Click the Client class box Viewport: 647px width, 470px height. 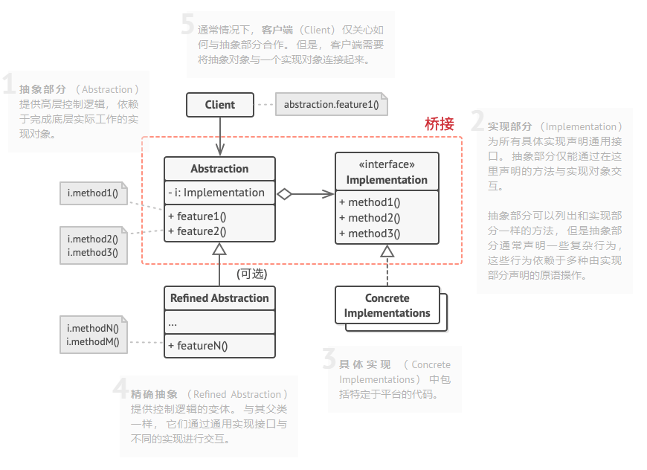coord(219,105)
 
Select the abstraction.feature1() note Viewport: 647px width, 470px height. coord(331,105)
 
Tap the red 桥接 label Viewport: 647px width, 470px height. coord(439,124)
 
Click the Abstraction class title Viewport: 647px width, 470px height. coord(219,169)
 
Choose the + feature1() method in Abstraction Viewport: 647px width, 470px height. coord(197,216)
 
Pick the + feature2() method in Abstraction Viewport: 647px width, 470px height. coord(197,231)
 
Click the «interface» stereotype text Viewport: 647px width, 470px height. coord(387,165)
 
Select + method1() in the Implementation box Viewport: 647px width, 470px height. coord(370,202)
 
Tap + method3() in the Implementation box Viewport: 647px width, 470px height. coord(370,234)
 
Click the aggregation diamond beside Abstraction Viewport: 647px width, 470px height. coord(284,194)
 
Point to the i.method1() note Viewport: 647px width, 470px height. coord(93,194)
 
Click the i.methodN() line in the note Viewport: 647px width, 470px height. coord(93,328)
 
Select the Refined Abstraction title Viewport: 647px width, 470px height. coord(219,298)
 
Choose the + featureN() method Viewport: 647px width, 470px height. coord(198,345)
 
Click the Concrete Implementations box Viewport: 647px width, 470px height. coord(387,306)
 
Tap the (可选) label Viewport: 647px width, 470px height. coord(252,274)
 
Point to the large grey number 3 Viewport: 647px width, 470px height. coord(329,360)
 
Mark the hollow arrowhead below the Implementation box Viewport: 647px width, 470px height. coord(387,252)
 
